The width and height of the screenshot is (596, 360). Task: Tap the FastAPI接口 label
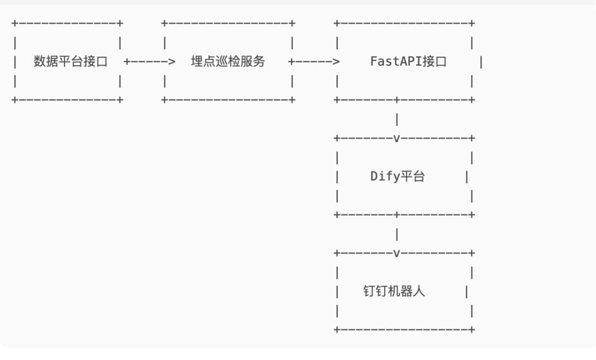(408, 61)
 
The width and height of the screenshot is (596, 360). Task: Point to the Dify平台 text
(397, 177)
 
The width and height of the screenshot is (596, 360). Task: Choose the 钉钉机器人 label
(394, 292)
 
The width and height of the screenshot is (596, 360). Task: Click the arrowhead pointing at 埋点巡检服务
(171, 62)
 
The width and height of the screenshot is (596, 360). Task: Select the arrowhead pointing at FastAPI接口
(336, 62)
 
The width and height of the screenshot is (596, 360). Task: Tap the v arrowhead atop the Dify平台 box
(397, 138)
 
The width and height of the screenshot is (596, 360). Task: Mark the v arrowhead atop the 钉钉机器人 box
(397, 253)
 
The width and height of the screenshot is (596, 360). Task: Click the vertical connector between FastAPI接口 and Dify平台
(397, 119)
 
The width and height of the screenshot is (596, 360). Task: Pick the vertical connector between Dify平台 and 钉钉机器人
(397, 235)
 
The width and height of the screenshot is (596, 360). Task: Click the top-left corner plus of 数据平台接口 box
(14, 23)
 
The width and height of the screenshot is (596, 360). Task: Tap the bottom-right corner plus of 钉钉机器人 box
(472, 330)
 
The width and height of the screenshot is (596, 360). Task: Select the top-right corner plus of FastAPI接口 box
(472, 23)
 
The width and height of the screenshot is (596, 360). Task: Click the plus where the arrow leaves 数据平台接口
(127, 62)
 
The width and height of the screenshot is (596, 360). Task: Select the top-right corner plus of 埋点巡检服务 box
(292, 23)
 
